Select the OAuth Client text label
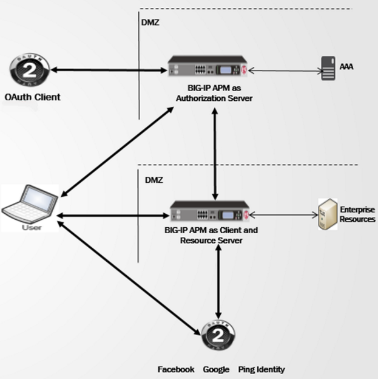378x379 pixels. pos(32,97)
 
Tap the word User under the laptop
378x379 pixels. pos(32,227)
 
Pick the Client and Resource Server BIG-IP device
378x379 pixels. pos(210,214)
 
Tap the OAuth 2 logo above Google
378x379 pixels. pos(217,335)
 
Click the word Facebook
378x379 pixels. pos(176,369)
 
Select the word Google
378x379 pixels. pos(216,369)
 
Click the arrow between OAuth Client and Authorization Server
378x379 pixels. pos(109,70)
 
